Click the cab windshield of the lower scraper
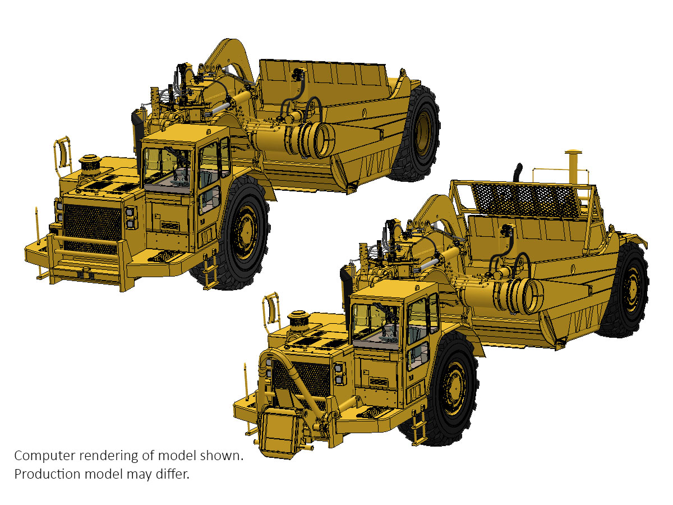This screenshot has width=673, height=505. point(376,325)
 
